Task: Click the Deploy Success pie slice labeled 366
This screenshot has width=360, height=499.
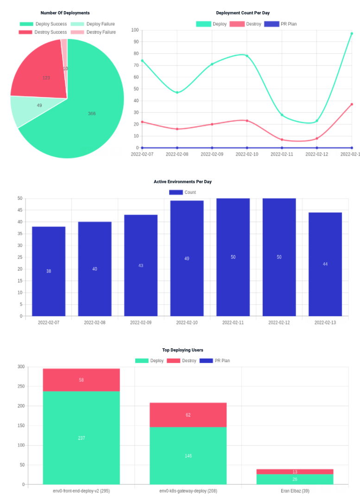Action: click(x=92, y=113)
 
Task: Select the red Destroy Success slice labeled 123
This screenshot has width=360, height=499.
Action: click(x=46, y=77)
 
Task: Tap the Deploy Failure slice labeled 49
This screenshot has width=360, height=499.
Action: click(x=39, y=106)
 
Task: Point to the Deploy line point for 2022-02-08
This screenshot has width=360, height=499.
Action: click(x=177, y=92)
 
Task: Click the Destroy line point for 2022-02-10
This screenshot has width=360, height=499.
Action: click(x=247, y=121)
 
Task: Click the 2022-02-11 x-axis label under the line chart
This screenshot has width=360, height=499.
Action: click(x=282, y=154)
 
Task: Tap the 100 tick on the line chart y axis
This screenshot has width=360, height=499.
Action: click(x=135, y=30)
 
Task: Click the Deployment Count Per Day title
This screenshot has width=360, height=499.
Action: click(x=249, y=13)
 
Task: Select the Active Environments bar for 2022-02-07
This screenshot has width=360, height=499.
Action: click(x=49, y=271)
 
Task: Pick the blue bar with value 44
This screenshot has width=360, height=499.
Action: click(x=325, y=264)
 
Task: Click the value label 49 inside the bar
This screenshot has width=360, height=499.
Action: click(x=187, y=258)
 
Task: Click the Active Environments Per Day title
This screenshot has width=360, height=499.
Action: click(x=183, y=182)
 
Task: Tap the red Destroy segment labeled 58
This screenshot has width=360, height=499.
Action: click(x=82, y=380)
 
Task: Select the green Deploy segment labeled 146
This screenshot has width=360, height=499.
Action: click(x=188, y=456)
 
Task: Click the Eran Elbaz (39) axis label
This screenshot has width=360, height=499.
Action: click(x=295, y=491)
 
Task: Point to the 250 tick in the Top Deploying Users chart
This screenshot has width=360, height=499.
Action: click(x=21, y=386)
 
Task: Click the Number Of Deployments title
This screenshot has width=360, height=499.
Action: click(x=65, y=13)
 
